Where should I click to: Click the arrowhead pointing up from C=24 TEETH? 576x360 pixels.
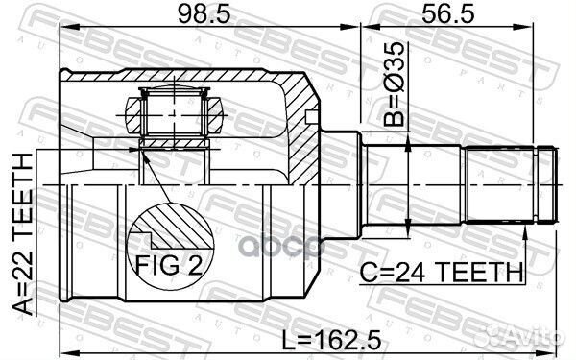[x=526, y=231]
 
